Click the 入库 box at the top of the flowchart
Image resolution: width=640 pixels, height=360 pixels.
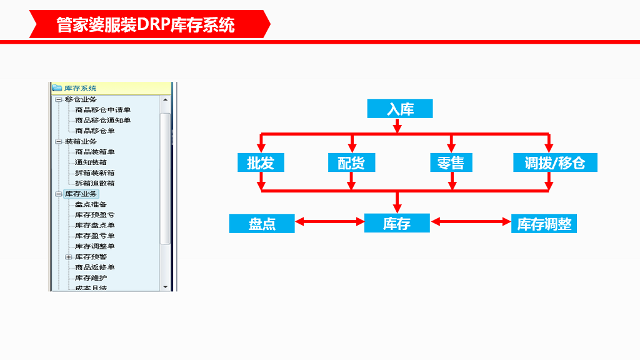[400, 109]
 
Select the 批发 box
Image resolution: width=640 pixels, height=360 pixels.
[261, 162]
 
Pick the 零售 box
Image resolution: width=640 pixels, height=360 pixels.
[451, 162]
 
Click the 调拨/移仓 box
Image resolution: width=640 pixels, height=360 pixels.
[555, 162]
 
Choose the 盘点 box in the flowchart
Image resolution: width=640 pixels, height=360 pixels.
[262, 223]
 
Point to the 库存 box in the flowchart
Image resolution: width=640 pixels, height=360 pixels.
[397, 223]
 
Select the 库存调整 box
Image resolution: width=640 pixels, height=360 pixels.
[544, 223]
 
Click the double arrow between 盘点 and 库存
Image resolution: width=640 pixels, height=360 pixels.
[329, 221]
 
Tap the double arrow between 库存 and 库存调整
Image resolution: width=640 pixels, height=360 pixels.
[471, 221]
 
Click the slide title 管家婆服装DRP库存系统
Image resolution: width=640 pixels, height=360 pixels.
[146, 25]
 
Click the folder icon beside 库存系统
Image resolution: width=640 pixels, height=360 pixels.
[57, 88]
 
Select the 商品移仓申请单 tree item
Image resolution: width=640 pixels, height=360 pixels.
[102, 110]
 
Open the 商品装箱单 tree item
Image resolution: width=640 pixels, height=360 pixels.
[94, 152]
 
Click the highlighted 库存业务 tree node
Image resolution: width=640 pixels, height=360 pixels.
[81, 194]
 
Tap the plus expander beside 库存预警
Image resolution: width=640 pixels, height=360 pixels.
[69, 257]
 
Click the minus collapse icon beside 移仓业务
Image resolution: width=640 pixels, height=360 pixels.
[59, 99]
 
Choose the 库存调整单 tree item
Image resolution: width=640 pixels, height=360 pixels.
[94, 246]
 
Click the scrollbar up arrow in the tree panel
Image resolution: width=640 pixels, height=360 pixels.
[166, 99]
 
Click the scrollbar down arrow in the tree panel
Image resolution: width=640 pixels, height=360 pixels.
[166, 286]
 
